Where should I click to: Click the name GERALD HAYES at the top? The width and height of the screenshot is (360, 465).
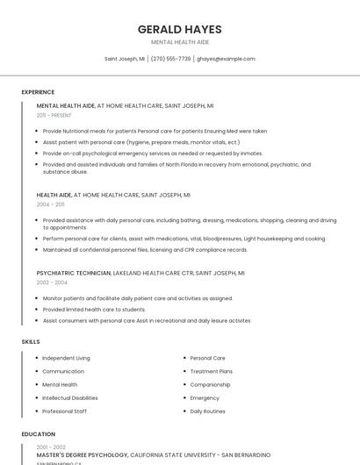(x=179, y=29)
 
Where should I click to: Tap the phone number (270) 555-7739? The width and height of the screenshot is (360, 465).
(x=170, y=59)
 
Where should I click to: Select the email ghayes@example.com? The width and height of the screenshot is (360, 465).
(x=226, y=59)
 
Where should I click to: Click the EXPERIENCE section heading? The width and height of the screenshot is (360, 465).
(x=38, y=92)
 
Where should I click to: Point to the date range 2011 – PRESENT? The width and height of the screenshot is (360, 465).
(x=54, y=115)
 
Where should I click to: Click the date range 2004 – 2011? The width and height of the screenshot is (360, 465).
(x=50, y=204)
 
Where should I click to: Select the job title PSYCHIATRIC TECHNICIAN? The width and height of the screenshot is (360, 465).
(x=74, y=273)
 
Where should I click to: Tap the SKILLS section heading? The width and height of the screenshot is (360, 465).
(x=31, y=340)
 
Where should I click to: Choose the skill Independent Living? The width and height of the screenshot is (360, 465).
(x=66, y=358)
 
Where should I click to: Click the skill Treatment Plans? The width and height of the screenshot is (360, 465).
(x=212, y=371)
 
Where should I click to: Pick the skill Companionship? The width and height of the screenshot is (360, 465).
(x=211, y=384)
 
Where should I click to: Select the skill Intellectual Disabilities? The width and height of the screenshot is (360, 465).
(x=70, y=397)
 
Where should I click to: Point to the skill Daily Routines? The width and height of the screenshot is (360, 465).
(x=208, y=411)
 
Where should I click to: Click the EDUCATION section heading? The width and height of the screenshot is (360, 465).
(x=38, y=434)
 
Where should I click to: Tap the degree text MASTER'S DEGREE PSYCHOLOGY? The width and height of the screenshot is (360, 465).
(x=83, y=455)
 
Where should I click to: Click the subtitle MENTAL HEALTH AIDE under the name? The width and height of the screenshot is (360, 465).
(x=179, y=42)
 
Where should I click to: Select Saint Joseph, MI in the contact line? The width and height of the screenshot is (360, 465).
(x=124, y=59)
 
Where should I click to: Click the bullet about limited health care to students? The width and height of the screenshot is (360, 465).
(x=94, y=309)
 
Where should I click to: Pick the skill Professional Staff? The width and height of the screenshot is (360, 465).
(x=64, y=411)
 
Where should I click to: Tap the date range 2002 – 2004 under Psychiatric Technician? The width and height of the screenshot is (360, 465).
(x=52, y=283)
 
